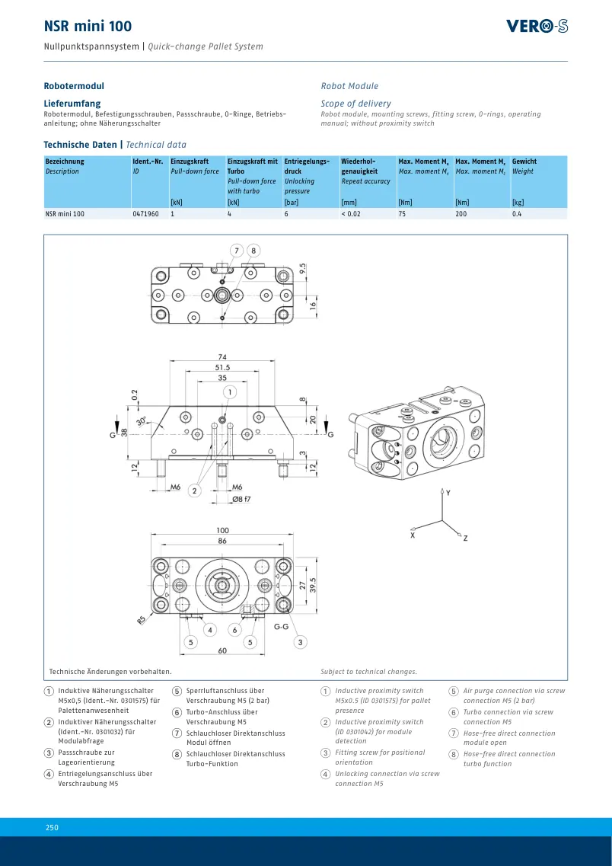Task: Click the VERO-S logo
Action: pyautogui.click(x=537, y=26)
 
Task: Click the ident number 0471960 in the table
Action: pyautogui.click(x=145, y=214)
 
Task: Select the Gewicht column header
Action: pyautogui.click(x=524, y=161)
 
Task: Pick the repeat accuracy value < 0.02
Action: pyautogui.click(x=351, y=214)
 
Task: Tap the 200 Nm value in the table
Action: pyautogui.click(x=461, y=214)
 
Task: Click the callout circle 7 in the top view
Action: pyautogui.click(x=237, y=251)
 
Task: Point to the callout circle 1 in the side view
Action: pyautogui.click(x=230, y=392)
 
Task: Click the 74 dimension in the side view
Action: pyautogui.click(x=222, y=356)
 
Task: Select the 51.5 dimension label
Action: pyautogui.click(x=222, y=367)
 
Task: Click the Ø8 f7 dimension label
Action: pyautogui.click(x=241, y=500)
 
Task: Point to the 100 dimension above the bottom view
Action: pyautogui.click(x=222, y=531)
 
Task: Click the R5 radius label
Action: pyautogui.click(x=142, y=620)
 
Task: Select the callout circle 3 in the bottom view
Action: pyautogui.click(x=300, y=642)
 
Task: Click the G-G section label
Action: pyautogui.click(x=282, y=627)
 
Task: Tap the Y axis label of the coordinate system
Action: pyautogui.click(x=448, y=493)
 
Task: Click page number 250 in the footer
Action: pyautogui.click(x=52, y=827)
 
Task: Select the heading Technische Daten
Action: pyautogui.click(x=80, y=145)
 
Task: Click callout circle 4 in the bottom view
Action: pyautogui.click(x=209, y=630)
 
